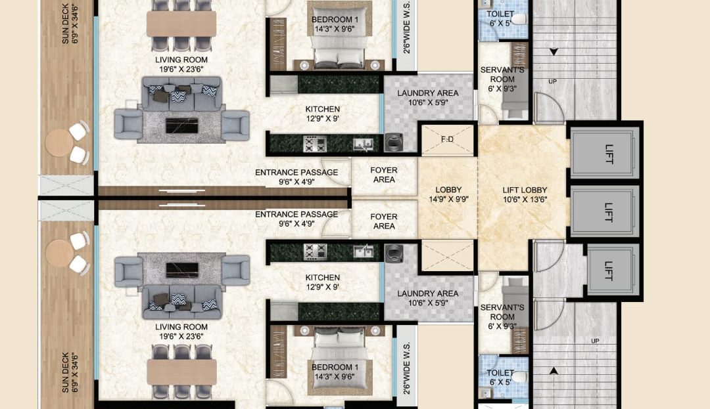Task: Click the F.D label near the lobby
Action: click(x=447, y=140)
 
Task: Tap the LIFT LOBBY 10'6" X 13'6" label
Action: click(x=525, y=195)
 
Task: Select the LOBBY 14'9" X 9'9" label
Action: click(x=448, y=194)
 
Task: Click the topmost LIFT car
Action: click(x=605, y=153)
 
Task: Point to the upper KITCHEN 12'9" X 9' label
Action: click(x=322, y=114)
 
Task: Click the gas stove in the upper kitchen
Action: click(x=315, y=144)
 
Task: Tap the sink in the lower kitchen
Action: click(x=363, y=251)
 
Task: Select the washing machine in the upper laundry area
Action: click(x=394, y=142)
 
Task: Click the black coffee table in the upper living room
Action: click(x=181, y=125)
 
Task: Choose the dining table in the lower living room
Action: click(x=181, y=372)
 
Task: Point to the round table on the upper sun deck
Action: click(x=59, y=143)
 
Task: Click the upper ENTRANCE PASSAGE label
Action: click(x=296, y=177)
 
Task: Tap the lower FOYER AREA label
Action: click(x=383, y=221)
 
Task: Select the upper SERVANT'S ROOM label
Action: click(x=502, y=79)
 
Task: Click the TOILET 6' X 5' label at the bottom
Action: click(x=500, y=377)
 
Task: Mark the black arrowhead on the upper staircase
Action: click(x=554, y=52)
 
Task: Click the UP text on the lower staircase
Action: click(x=595, y=341)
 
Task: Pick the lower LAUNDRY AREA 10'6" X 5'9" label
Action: click(x=428, y=298)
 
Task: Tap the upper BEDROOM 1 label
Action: click(x=335, y=20)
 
